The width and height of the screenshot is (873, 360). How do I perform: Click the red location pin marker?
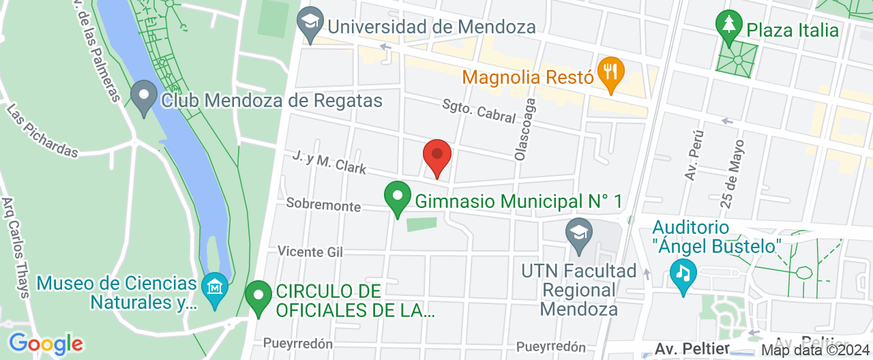(x=437, y=156)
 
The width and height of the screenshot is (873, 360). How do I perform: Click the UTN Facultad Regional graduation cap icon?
(x=578, y=232)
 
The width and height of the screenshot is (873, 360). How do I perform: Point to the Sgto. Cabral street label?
(x=478, y=112)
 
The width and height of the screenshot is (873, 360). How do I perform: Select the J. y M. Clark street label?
(x=329, y=162)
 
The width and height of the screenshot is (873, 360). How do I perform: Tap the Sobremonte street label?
(x=323, y=205)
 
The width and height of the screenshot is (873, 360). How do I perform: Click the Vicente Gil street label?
(x=310, y=252)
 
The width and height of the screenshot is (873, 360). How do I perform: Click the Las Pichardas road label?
(x=42, y=130)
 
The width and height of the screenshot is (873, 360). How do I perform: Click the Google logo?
(x=46, y=344)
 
